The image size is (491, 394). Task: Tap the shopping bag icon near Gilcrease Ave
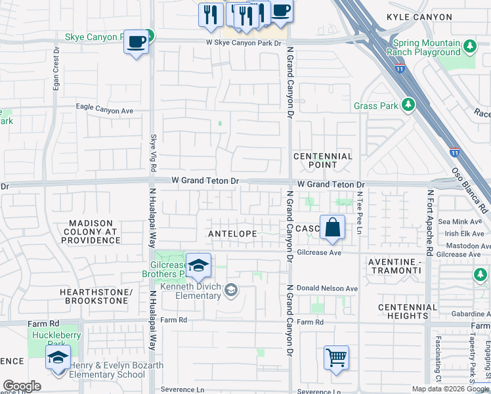click(333, 228)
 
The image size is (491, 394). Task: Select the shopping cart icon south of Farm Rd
click(336, 359)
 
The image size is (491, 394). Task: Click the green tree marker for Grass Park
click(408, 105)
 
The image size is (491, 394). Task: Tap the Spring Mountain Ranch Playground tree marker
click(469, 47)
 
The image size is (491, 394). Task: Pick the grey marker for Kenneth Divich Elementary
click(230, 289)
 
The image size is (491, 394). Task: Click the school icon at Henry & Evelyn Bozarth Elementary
click(58, 359)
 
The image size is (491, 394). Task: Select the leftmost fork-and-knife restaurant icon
click(211, 14)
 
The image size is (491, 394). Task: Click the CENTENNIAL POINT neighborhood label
click(322, 161)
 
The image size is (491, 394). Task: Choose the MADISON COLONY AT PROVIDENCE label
click(91, 232)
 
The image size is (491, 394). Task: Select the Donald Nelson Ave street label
click(327, 288)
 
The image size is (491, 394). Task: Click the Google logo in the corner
click(22, 386)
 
